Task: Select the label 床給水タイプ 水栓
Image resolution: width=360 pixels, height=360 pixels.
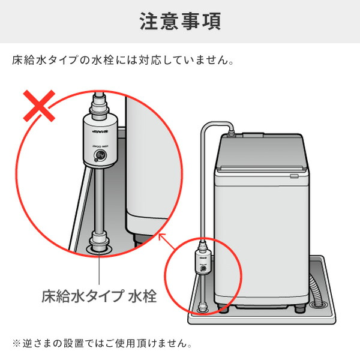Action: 98,296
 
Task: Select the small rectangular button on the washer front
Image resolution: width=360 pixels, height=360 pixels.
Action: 294,176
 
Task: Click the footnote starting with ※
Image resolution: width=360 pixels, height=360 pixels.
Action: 101,344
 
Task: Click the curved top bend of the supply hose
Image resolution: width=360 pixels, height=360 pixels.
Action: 210,124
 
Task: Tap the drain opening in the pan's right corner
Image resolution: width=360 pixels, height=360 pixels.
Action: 317,301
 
